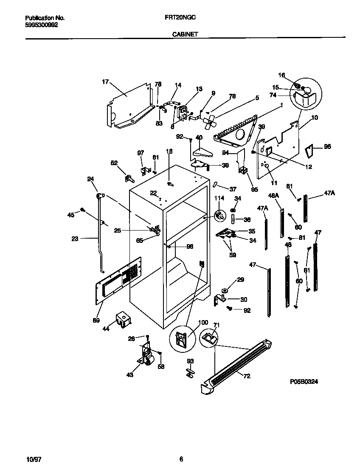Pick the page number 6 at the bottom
click(181, 459)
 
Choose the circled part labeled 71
click(208, 338)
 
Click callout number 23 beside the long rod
click(75, 239)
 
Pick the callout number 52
click(114, 162)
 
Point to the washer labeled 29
click(225, 290)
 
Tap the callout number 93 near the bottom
click(190, 361)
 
